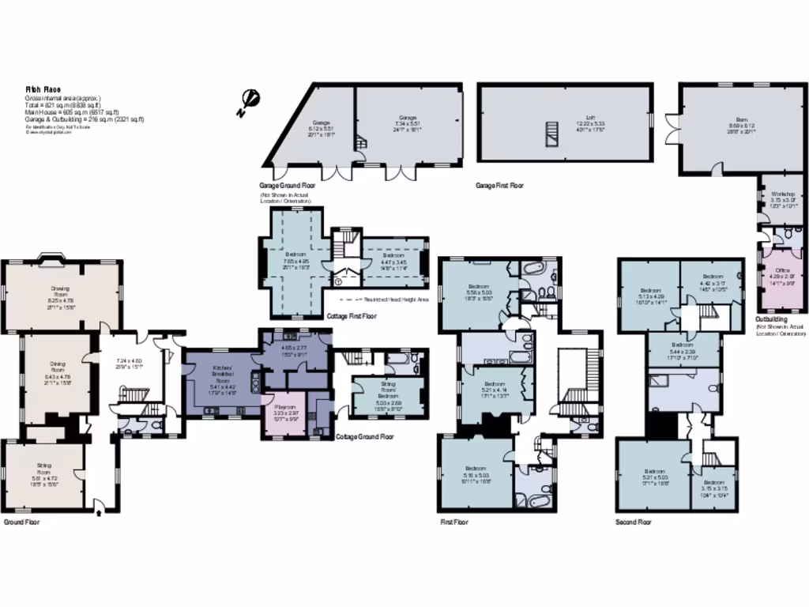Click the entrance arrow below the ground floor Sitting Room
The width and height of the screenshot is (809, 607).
click(98, 511)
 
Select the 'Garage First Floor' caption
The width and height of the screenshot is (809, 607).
click(499, 185)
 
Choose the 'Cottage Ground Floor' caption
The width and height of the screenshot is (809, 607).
click(364, 436)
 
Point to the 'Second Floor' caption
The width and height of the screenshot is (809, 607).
click(634, 522)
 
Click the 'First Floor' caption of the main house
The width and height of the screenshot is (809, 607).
click(453, 522)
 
